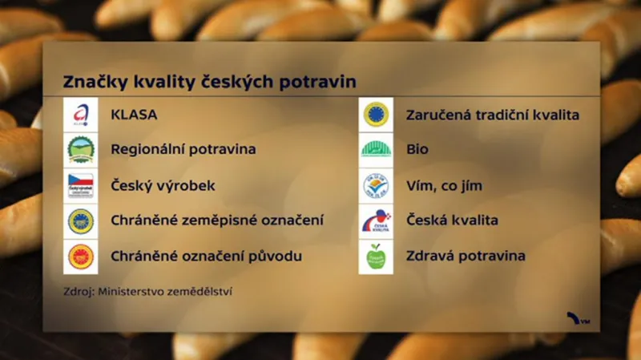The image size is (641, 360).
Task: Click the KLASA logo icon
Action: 80,115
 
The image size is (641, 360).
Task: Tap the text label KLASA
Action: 134,115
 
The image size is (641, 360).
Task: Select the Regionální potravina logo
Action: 80,150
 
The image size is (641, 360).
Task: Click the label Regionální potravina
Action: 183,150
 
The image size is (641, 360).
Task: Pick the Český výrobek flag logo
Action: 80,185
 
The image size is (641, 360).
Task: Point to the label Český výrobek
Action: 163,185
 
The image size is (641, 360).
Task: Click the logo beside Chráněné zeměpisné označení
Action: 80,220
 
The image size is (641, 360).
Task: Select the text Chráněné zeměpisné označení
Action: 217,220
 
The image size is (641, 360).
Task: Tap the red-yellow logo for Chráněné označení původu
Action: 80,257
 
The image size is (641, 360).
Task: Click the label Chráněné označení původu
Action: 206,257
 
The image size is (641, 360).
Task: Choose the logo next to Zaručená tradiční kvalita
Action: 376,115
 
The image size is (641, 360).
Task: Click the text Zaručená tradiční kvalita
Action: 493,115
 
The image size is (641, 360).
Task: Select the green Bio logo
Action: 376,150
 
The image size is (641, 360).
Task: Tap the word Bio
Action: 418,150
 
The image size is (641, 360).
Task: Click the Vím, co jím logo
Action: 376,185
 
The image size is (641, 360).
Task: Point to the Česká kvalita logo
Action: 376,220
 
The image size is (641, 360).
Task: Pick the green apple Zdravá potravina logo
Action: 376,257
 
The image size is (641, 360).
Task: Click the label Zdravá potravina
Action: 466,257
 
